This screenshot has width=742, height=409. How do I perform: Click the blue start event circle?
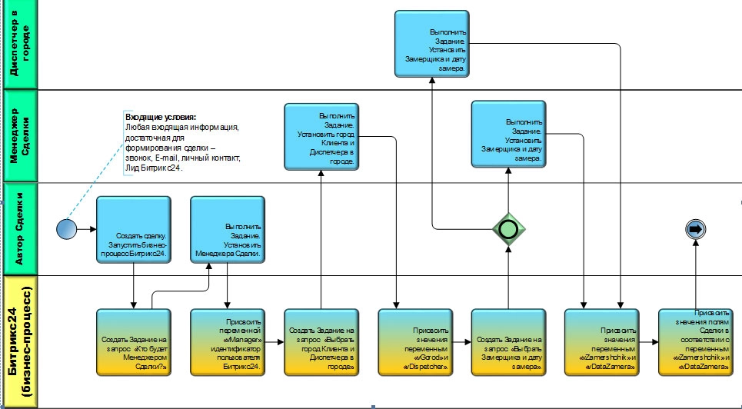(67, 228)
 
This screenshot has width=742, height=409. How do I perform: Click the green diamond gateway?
(507, 228)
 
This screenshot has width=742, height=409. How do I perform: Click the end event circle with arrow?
(695, 228)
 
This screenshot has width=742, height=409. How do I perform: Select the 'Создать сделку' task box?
(134, 231)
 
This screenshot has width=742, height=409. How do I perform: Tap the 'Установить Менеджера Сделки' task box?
(228, 231)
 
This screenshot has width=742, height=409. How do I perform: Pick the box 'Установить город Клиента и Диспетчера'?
(321, 137)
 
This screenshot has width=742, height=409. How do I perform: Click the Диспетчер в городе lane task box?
(433, 44)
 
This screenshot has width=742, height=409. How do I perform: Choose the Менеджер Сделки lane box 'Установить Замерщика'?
(508, 134)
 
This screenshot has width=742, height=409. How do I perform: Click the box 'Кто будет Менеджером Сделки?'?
(134, 342)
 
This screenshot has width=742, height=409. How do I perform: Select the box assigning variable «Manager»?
(228, 342)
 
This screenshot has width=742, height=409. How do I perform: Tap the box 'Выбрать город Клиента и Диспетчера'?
(321, 342)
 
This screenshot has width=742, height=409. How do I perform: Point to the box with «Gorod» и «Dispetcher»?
(415, 342)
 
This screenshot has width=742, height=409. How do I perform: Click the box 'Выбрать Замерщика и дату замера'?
(508, 342)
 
